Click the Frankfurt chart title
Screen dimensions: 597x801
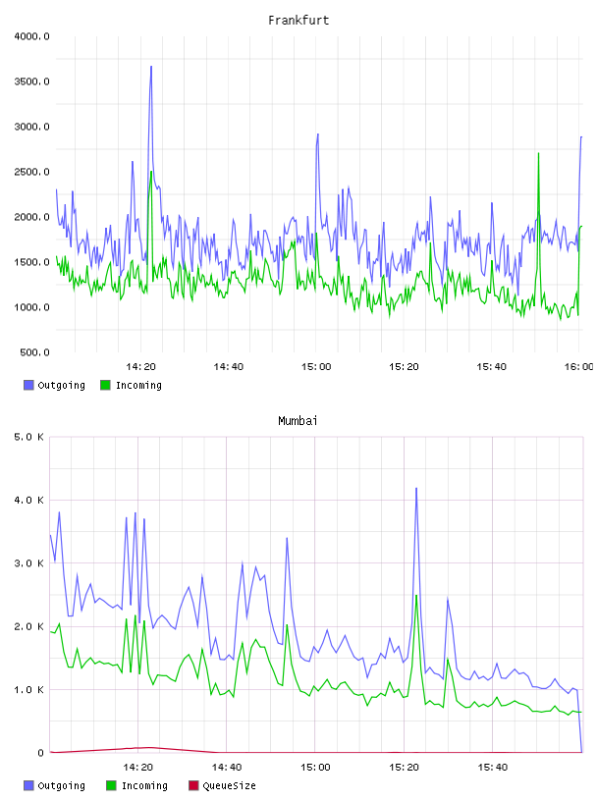[x=298, y=21]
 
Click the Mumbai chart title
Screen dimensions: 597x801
[x=298, y=421]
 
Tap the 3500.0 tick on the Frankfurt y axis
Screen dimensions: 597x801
[x=32, y=81]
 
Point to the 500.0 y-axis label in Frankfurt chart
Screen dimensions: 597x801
[x=34, y=352]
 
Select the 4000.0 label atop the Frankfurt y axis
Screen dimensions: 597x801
[x=32, y=36]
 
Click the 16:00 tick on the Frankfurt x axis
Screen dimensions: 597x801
[x=578, y=367]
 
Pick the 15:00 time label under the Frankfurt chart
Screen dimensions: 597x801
[x=316, y=367]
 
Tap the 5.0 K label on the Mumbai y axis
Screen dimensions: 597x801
[x=29, y=437]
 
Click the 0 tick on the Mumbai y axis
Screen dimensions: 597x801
[x=40, y=753]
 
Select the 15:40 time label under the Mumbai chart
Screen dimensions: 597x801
[x=493, y=768]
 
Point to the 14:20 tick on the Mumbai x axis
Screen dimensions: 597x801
[x=138, y=768]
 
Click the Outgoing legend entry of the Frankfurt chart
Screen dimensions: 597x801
[x=55, y=385]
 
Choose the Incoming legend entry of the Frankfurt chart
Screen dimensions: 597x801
[x=132, y=385]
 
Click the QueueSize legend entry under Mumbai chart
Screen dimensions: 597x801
[x=222, y=785]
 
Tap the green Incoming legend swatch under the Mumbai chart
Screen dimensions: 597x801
[x=111, y=785]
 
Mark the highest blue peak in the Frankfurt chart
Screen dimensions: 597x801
[x=151, y=67]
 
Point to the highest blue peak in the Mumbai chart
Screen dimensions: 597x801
[x=416, y=489]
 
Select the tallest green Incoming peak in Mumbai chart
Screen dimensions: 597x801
[x=416, y=596]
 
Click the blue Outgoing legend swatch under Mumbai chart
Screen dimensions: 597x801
[x=28, y=785]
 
